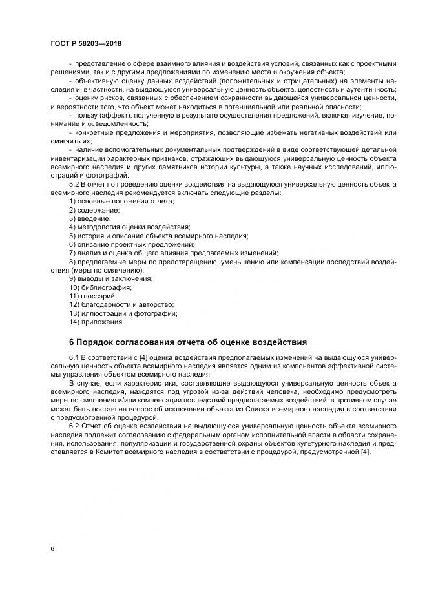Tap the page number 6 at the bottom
tap(52, 548)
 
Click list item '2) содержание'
tap(94, 211)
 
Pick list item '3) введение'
tap(89, 219)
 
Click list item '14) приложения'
tap(96, 321)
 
